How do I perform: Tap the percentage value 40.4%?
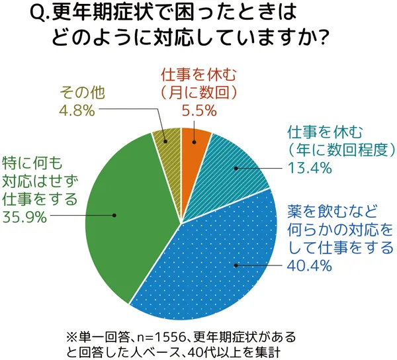[309, 266]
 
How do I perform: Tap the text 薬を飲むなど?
[332, 212]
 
